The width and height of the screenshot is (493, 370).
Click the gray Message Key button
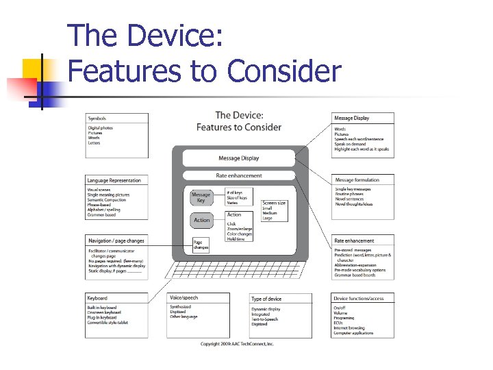[x=201, y=197]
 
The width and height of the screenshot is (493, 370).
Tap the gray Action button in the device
[x=201, y=220]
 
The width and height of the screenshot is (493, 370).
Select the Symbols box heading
[x=97, y=119]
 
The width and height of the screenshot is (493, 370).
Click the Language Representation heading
[x=114, y=180]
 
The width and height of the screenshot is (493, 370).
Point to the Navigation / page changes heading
[x=116, y=241]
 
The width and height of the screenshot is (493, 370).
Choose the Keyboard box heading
[x=97, y=298]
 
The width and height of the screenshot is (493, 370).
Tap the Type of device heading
[x=266, y=299]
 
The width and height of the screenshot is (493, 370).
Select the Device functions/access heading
[x=359, y=299]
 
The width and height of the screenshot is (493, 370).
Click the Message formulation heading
[x=357, y=180]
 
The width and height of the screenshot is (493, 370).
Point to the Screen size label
[x=275, y=203]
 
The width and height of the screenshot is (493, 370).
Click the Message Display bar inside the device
[x=238, y=158]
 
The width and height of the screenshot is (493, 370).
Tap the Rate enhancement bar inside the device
[x=238, y=175]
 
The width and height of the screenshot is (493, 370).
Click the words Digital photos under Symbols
[x=100, y=127]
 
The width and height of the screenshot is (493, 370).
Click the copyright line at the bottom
[x=237, y=344]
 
